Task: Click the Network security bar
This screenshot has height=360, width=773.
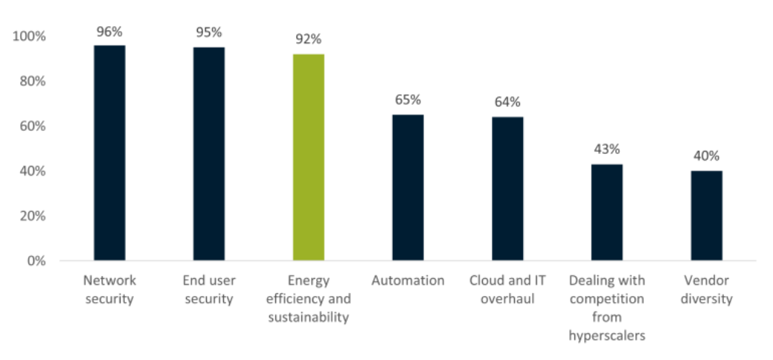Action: click(109, 152)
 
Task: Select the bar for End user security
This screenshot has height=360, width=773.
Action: click(209, 153)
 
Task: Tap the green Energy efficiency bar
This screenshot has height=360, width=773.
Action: click(308, 157)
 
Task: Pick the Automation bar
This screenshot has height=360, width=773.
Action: click(408, 187)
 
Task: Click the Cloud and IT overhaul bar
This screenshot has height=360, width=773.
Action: click(507, 188)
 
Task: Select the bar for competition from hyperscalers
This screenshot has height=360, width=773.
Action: click(607, 212)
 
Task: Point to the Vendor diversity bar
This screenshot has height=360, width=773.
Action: click(707, 216)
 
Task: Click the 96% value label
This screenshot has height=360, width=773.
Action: click(109, 31)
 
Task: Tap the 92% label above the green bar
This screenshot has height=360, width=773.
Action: click(308, 40)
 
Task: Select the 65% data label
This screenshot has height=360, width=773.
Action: click(408, 100)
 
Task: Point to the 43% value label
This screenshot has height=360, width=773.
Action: click(607, 150)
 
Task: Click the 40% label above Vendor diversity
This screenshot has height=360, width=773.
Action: click(707, 156)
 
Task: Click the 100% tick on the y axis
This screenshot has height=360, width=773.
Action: click(30, 36)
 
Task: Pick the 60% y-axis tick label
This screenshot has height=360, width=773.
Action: click(33, 126)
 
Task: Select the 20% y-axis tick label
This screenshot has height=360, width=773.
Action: click(33, 216)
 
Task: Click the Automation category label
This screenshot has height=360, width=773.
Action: click(408, 280)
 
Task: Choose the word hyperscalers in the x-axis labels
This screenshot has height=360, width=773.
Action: click(606, 335)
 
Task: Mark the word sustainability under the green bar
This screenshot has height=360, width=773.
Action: click(308, 318)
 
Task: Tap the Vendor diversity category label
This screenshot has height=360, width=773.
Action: click(707, 290)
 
